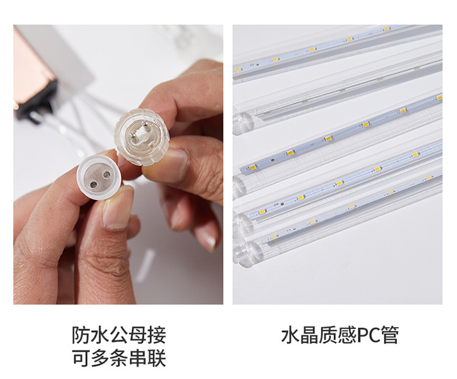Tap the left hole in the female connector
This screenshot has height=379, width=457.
[91, 176]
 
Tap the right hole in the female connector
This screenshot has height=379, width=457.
[106, 173]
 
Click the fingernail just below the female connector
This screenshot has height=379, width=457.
[118, 208]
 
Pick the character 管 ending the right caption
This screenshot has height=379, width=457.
[391, 335]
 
